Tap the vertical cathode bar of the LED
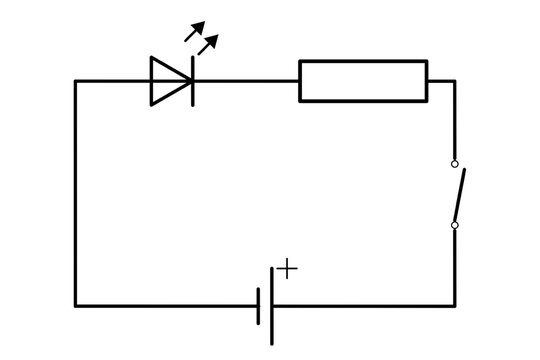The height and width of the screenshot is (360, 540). tap(191, 81)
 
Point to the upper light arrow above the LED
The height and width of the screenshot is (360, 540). tap(194, 31)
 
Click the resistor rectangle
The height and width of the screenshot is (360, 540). tap(363, 81)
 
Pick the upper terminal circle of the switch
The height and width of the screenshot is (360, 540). tap(455, 163)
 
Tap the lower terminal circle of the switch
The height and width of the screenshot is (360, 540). tap(455, 225)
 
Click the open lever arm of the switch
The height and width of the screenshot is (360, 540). tap(460, 195)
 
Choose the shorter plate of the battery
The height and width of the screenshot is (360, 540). tap(258, 305)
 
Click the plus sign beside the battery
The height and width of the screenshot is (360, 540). tap(287, 268)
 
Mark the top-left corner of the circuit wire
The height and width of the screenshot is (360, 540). tap(75, 81)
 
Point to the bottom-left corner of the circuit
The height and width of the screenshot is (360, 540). tap(75, 305)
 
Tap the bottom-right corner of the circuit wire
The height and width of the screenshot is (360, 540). tap(455, 305)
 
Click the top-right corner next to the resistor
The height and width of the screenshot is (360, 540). tap(455, 81)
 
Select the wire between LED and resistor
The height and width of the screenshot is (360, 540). tap(245, 81)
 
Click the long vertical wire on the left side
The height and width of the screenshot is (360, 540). tap(75, 190)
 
